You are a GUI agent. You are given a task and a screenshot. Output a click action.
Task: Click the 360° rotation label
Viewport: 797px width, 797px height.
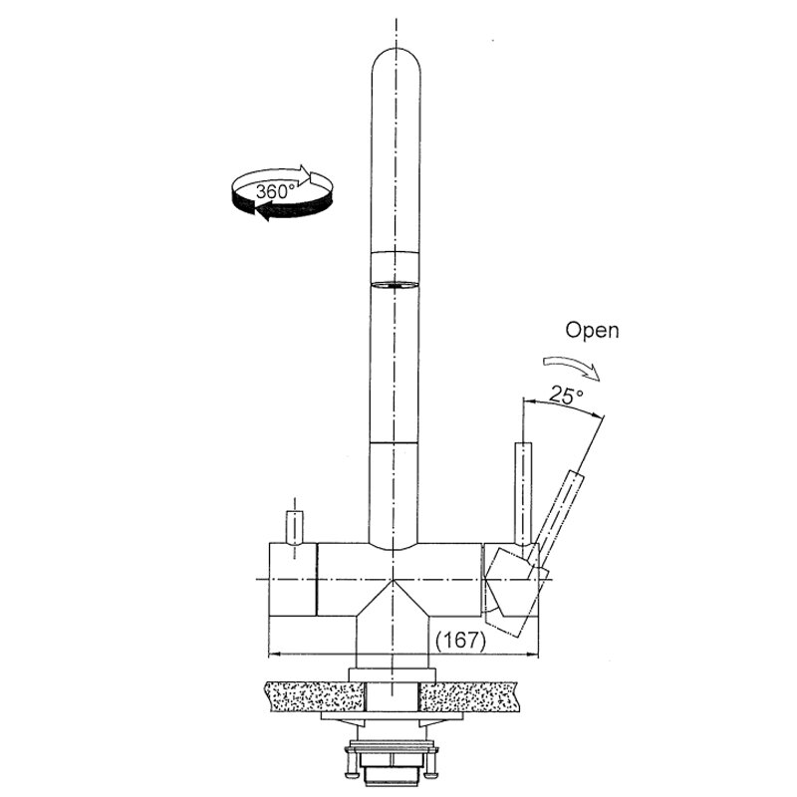[x=275, y=191]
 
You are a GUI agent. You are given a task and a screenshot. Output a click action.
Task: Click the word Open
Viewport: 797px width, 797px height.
[x=592, y=331]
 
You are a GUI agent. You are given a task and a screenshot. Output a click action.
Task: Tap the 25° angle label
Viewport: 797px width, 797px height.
[x=566, y=395]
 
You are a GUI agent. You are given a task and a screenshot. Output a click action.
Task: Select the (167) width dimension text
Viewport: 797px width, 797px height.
[x=460, y=640]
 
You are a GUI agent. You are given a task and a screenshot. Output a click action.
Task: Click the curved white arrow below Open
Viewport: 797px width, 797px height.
[x=572, y=366]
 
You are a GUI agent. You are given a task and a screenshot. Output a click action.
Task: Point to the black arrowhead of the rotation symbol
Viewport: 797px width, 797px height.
[x=262, y=210]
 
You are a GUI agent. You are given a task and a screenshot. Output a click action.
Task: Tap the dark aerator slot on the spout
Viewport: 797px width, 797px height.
[x=394, y=285]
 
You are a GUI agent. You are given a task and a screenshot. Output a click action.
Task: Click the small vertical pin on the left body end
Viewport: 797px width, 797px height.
[x=295, y=528]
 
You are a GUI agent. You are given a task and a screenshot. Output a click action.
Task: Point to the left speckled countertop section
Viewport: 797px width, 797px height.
[x=314, y=696]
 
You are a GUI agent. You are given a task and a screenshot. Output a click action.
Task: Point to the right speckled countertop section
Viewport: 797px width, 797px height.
[x=468, y=696]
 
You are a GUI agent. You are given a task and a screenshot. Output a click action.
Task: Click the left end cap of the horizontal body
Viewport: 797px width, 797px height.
[x=292, y=580]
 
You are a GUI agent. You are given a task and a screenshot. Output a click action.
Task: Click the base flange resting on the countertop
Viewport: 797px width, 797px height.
[x=392, y=675]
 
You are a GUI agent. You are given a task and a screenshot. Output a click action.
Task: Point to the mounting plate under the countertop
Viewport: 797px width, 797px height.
[x=392, y=715]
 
